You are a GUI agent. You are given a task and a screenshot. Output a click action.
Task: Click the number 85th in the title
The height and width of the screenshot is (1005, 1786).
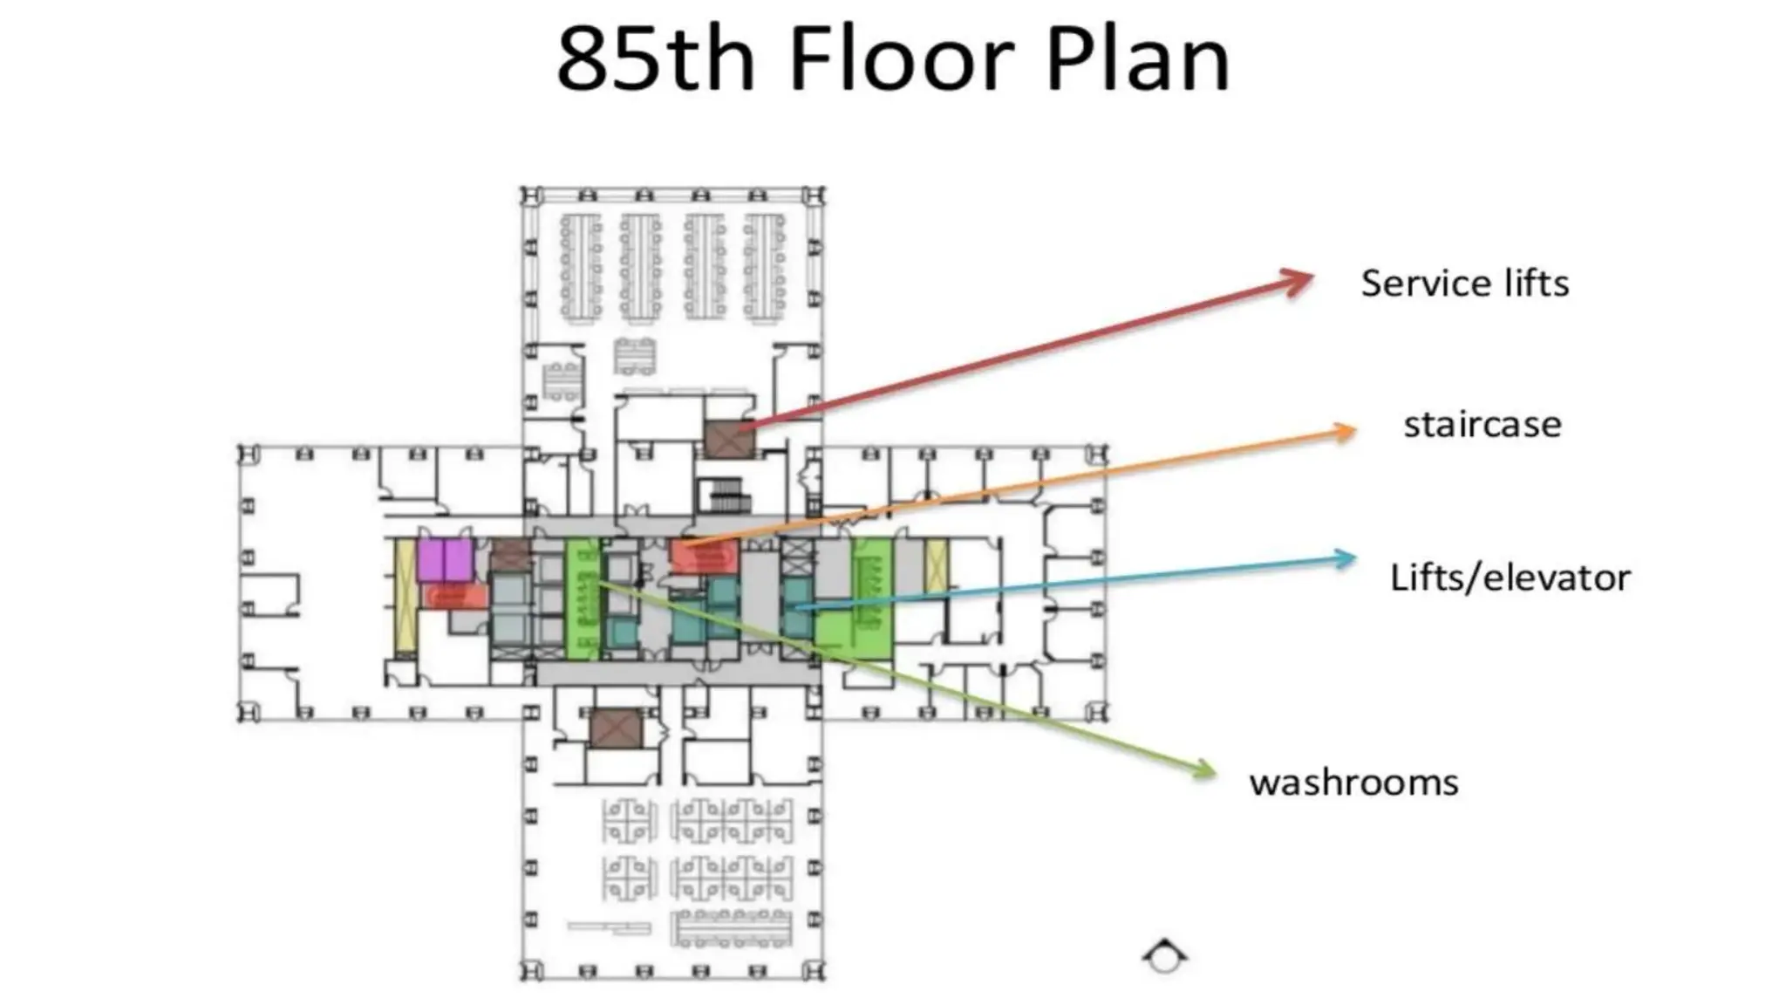(x=655, y=59)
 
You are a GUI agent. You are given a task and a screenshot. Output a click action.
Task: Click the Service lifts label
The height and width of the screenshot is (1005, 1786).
(x=1464, y=284)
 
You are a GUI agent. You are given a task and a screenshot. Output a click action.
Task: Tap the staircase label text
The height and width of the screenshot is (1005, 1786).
(x=1482, y=425)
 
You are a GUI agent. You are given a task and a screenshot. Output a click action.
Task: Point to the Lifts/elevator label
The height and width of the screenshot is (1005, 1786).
(x=1510, y=578)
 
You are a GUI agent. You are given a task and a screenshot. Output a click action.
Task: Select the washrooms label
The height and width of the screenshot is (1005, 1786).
(x=1353, y=783)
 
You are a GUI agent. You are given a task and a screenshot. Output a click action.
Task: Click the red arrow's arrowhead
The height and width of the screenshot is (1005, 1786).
(x=1299, y=281)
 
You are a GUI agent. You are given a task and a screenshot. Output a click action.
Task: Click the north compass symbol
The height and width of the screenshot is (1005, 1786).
(x=1165, y=956)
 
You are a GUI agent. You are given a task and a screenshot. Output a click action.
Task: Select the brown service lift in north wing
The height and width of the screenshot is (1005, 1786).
(x=729, y=440)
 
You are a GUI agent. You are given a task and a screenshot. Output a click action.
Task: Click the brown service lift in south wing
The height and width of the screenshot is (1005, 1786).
(x=616, y=728)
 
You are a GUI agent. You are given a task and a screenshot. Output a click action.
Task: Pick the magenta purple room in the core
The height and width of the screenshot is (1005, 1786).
(x=445, y=560)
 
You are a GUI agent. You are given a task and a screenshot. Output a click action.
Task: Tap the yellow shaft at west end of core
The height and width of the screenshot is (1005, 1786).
(x=405, y=594)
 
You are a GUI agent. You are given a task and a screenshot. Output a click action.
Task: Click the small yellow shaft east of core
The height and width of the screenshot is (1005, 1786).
(x=936, y=564)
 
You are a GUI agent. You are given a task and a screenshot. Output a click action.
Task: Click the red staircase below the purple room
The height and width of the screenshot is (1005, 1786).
(x=454, y=597)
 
